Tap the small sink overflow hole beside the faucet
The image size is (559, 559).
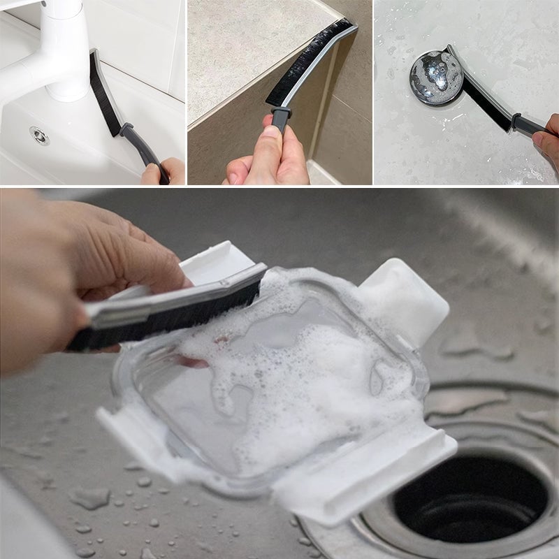tap(40, 136)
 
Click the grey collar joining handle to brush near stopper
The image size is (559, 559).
tap(518, 122)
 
